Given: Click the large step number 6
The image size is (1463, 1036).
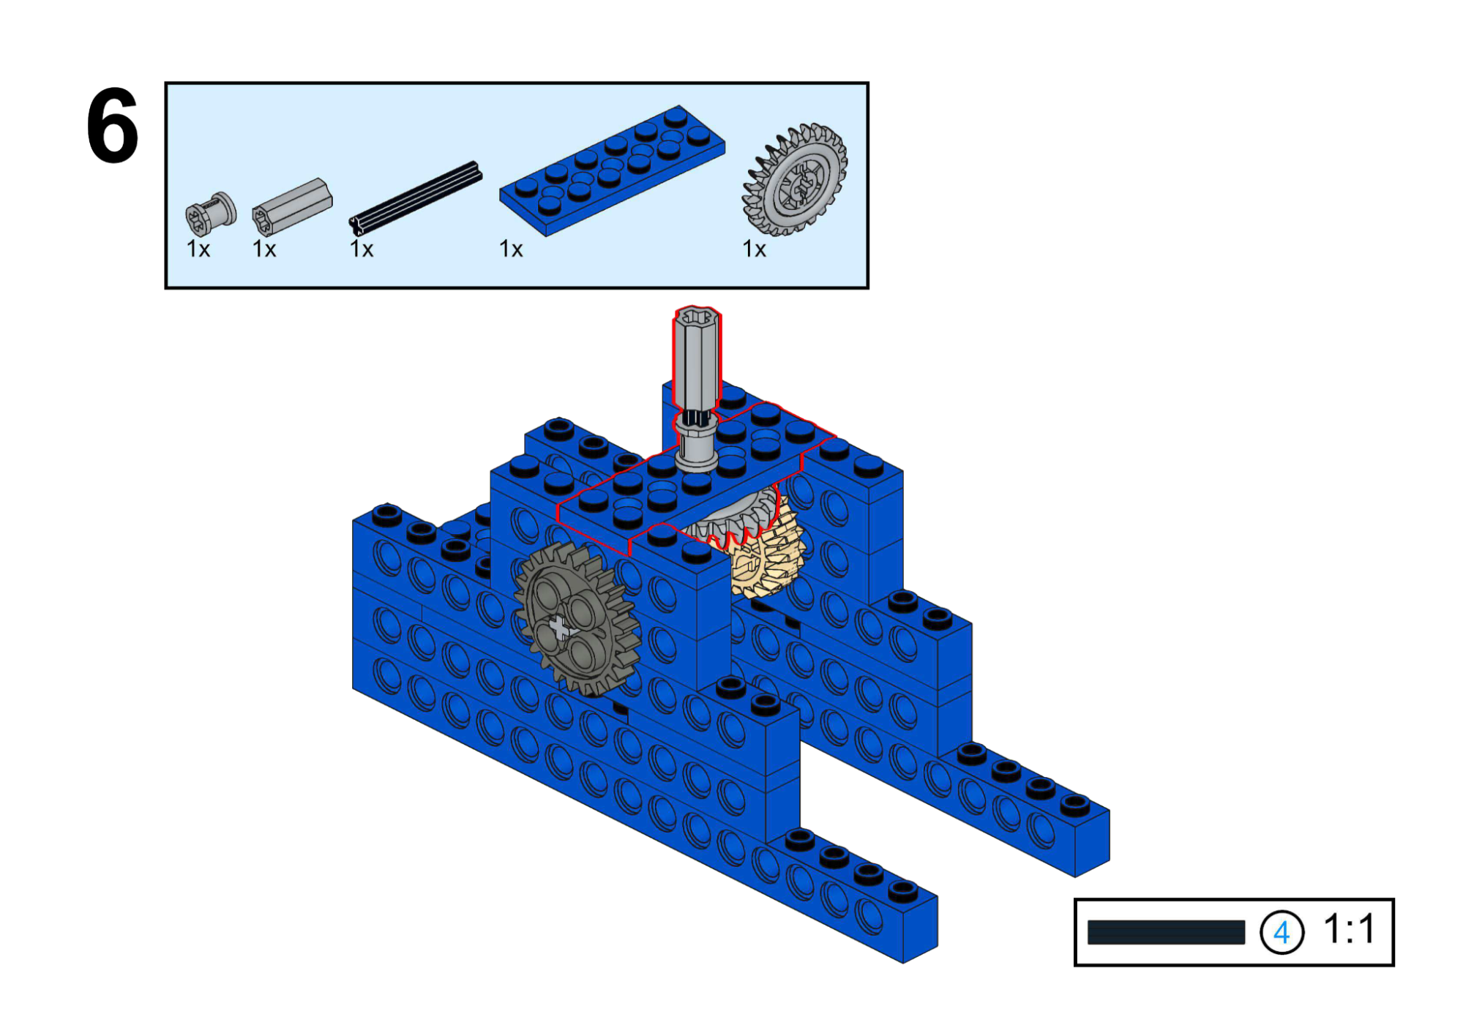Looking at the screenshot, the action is pos(112,126).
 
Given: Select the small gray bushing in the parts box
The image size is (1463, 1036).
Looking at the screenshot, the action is pos(211,213).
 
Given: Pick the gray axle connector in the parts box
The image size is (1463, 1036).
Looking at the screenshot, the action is pos(292,206).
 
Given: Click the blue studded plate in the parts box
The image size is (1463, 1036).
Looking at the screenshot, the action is pos(613,170).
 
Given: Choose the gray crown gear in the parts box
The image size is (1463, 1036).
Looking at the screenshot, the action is pos(795,179).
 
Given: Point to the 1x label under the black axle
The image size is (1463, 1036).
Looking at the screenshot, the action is pos(362,249).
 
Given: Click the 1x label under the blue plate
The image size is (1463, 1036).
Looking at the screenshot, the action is pos(511,249).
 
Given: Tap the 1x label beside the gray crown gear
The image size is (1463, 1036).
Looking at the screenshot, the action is pos(754,249).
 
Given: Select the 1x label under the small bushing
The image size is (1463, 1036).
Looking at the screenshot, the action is pos(198,249).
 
